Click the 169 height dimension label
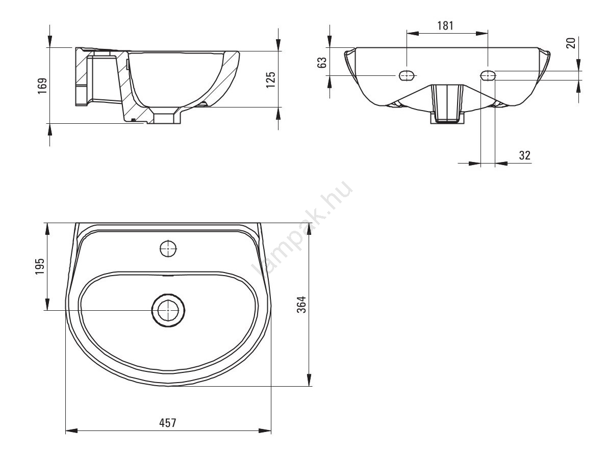(42, 86)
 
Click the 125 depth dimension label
(270, 79)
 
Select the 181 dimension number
(445, 25)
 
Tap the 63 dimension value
(322, 62)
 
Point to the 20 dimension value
(571, 42)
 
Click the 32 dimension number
(524, 155)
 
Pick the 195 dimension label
(40, 266)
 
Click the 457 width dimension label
(168, 423)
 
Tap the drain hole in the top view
(168, 310)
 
